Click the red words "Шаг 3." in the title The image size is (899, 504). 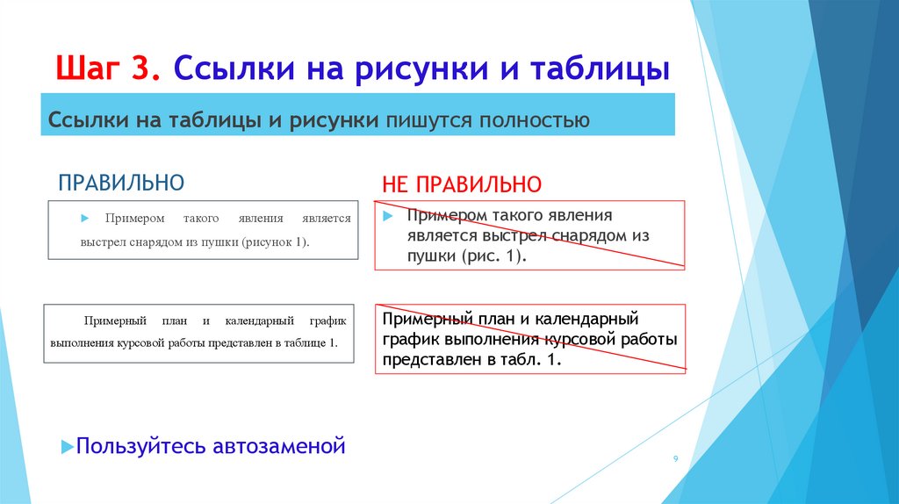pos(109,68)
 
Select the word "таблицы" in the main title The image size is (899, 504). pos(598,68)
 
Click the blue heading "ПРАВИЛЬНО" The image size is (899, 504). pos(121,183)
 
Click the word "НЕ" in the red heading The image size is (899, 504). pos(396,185)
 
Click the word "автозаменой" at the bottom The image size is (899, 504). pos(279,446)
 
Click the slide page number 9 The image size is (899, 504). pos(675,459)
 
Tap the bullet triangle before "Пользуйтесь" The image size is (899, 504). pos(67,447)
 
